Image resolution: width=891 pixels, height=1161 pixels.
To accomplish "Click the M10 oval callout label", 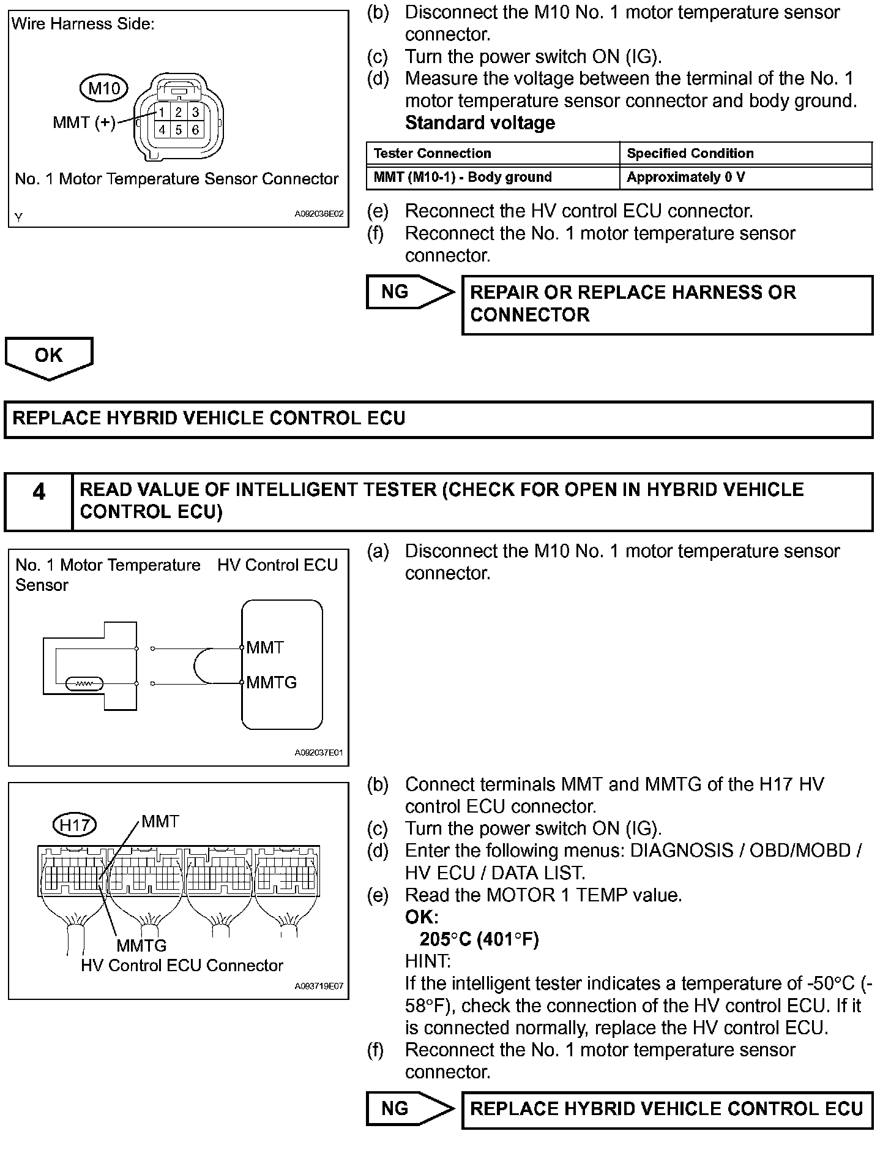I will coord(104,89).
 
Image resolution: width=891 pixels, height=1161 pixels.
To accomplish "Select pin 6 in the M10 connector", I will coord(195,130).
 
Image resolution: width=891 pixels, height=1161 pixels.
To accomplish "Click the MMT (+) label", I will coord(84,122).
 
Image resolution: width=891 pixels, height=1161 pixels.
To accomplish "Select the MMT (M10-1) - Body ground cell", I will coord(463,178).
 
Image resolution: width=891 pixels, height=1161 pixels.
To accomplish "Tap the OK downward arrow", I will coord(49,357).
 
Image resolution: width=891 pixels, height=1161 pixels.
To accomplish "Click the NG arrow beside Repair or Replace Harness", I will coord(410,292).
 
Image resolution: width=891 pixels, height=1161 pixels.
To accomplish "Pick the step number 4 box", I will coord(39,502).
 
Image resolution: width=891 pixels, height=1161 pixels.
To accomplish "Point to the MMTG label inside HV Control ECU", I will coord(272,682).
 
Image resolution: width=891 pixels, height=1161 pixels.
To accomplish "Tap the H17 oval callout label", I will coord(75,825).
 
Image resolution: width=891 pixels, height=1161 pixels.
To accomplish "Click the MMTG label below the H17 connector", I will coord(141,945).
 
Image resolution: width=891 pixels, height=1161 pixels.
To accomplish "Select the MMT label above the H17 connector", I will coord(160,821).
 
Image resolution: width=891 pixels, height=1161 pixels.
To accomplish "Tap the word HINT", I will coord(427,961).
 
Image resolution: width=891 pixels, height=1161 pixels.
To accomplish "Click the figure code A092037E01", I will coord(319,753).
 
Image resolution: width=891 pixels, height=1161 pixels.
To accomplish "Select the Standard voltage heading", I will coord(480,123).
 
